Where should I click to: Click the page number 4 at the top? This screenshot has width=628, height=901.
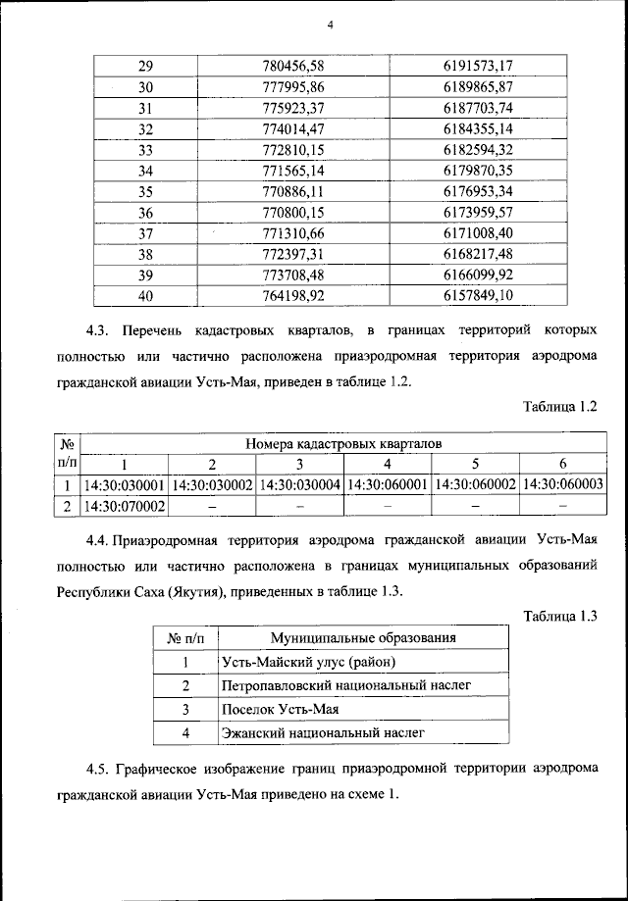(x=331, y=25)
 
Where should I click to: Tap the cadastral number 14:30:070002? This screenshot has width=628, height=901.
(x=124, y=506)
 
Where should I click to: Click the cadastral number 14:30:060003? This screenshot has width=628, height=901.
(x=563, y=484)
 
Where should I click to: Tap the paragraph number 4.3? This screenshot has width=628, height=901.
(x=98, y=322)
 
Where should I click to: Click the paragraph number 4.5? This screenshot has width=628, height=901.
(x=98, y=770)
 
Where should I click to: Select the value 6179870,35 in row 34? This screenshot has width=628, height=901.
(x=479, y=170)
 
